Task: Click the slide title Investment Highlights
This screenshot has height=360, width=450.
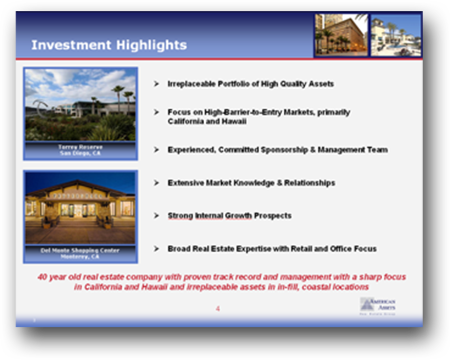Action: point(109,45)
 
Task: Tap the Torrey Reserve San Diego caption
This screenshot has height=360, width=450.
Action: point(80,150)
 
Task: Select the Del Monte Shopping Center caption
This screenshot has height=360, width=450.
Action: point(80,254)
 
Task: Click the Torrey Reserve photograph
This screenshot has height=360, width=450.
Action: point(80,105)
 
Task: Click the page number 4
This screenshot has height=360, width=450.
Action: point(218,309)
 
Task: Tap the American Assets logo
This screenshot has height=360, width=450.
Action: point(378,306)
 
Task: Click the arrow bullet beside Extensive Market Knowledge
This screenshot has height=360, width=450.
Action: point(157,183)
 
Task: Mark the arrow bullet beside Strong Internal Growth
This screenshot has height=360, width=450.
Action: point(157,216)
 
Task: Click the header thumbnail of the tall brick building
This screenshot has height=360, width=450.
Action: point(341,35)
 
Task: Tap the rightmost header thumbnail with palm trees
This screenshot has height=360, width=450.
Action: point(396,35)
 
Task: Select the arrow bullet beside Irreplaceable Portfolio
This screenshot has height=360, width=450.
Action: point(157,84)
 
